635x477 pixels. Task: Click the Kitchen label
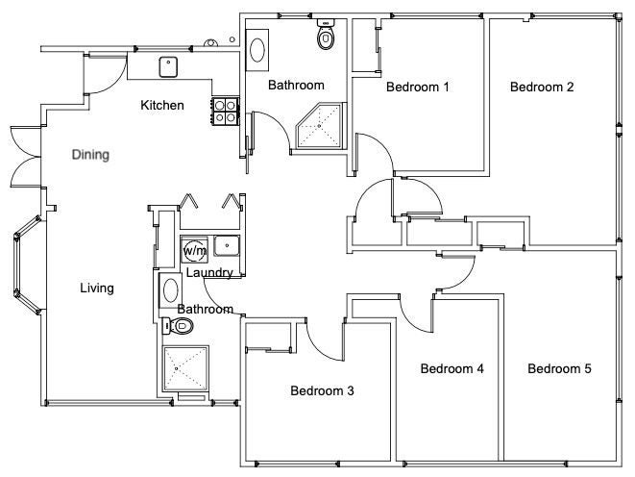pyautogui.click(x=162, y=106)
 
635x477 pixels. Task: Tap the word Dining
pyautogui.click(x=90, y=155)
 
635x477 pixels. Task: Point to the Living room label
pyautogui.click(x=97, y=289)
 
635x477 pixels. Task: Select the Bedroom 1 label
pyautogui.click(x=418, y=87)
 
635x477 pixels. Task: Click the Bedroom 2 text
pyautogui.click(x=542, y=87)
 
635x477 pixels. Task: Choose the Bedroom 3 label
pyautogui.click(x=322, y=390)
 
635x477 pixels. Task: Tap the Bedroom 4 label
pyautogui.click(x=452, y=368)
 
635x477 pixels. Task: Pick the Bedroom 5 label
pyautogui.click(x=559, y=368)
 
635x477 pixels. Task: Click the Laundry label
pyautogui.click(x=209, y=273)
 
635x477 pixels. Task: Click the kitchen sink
pyautogui.click(x=168, y=67)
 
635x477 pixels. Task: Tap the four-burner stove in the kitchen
pyautogui.click(x=225, y=111)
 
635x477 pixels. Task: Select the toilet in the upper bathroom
pyautogui.click(x=326, y=34)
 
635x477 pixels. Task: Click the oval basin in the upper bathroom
pyautogui.click(x=257, y=50)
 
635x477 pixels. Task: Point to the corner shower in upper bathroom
pyautogui.click(x=321, y=126)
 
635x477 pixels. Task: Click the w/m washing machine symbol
pyautogui.click(x=194, y=250)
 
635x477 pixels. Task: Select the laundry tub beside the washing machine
pyautogui.click(x=227, y=245)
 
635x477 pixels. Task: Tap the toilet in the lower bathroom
pyautogui.click(x=178, y=326)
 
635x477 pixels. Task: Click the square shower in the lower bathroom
pyautogui.click(x=185, y=368)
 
